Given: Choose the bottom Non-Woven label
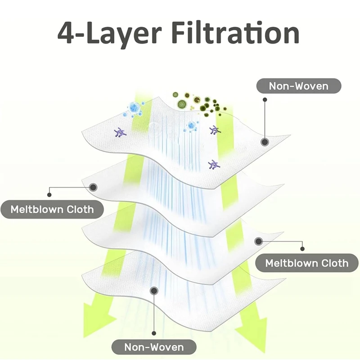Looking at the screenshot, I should tap(154, 347).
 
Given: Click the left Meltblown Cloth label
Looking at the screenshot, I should tap(52, 209).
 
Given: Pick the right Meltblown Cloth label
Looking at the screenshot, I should tap(306, 263).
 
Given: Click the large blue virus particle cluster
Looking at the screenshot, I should tap(135, 108).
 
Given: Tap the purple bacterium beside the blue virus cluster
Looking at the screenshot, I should tap(120, 132).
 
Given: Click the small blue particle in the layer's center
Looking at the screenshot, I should tap(191, 125).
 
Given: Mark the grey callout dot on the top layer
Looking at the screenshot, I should tap(265, 142).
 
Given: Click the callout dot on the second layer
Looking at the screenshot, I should tap(94, 187).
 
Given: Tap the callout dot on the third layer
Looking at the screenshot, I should tap(258, 241).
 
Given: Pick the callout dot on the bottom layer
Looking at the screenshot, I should tap(154, 291).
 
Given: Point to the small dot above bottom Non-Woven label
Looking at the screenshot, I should tap(154, 333).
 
